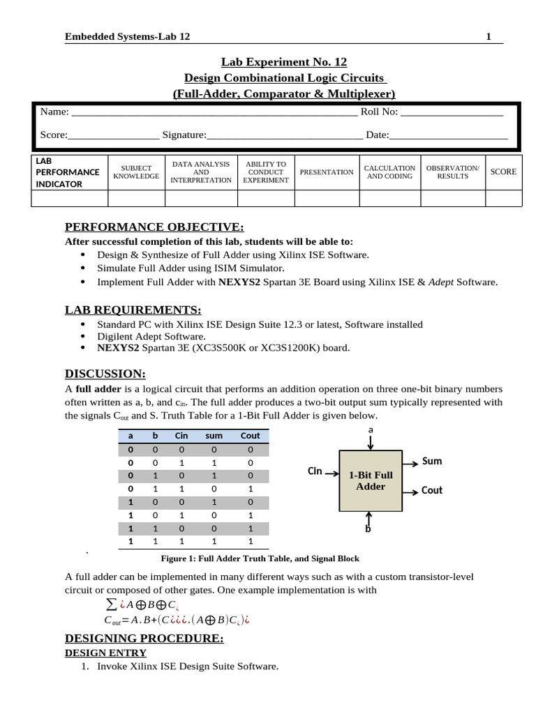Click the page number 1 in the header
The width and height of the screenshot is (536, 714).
pyautogui.click(x=489, y=36)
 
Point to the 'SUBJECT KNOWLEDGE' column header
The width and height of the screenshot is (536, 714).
pyautogui.click(x=136, y=172)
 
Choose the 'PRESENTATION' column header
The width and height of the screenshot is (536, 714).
pyautogui.click(x=327, y=172)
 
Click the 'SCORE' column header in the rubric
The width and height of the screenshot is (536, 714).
pyautogui.click(x=503, y=172)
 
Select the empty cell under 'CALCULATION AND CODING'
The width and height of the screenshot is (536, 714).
pyautogui.click(x=390, y=198)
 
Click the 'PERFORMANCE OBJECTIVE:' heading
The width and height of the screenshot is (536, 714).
pyautogui.click(x=154, y=227)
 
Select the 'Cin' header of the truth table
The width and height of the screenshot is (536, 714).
pyautogui.click(x=181, y=436)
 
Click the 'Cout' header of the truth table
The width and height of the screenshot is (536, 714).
pyautogui.click(x=250, y=436)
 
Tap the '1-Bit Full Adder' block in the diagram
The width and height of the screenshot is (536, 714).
pyautogui.click(x=371, y=480)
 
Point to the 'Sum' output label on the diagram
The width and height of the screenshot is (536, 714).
pyautogui.click(x=432, y=462)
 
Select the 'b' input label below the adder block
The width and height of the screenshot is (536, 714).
pyautogui.click(x=368, y=529)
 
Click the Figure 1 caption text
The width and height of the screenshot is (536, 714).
pyautogui.click(x=260, y=559)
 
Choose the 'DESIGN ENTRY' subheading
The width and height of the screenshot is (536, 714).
pyautogui.click(x=105, y=653)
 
